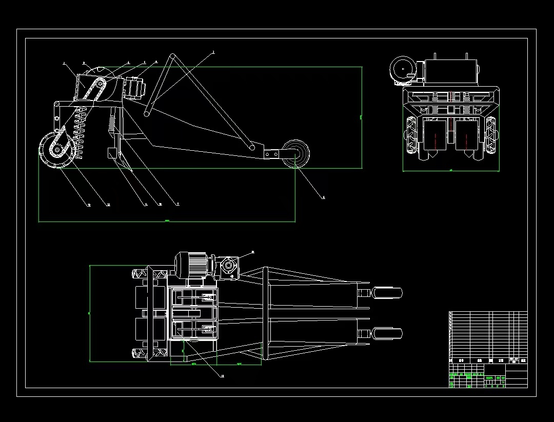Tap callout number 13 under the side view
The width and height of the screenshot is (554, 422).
point(89,205)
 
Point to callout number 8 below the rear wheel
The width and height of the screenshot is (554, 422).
point(323,197)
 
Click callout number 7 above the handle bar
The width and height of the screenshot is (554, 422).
point(213,52)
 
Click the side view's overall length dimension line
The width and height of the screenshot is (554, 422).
point(167,222)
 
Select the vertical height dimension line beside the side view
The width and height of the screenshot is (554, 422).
point(362,118)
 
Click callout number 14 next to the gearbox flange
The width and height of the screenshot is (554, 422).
point(253,252)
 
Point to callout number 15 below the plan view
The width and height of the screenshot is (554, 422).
point(222,376)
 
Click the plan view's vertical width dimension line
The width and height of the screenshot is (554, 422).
point(90,313)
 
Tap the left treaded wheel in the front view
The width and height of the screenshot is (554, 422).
point(411,134)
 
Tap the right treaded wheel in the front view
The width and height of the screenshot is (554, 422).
point(491,134)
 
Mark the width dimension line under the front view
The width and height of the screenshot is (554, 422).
point(451,171)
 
